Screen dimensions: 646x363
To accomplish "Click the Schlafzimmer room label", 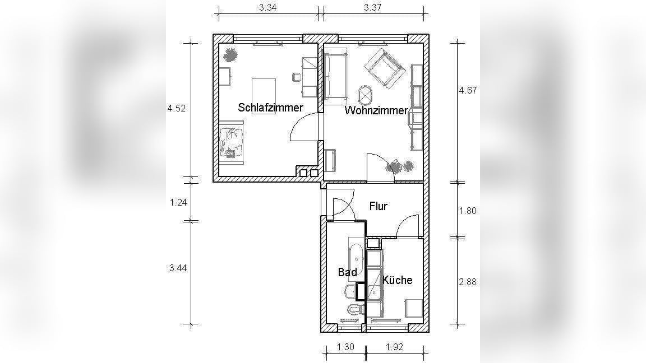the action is pos(270,108).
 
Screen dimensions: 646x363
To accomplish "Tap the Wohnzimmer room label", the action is pos(376,110).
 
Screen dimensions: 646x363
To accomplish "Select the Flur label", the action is pos(378,206).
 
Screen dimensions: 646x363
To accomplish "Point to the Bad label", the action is pos(347,272).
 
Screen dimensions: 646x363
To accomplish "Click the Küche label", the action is pos(397,280).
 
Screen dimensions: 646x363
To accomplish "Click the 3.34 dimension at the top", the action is pos(268,7).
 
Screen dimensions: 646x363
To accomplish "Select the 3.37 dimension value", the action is pos(373,7).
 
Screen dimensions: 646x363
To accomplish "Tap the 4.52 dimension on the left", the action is pos(176,108).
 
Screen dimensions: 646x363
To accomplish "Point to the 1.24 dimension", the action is pos(178,202).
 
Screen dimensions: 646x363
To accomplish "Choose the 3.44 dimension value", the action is pos(178,268).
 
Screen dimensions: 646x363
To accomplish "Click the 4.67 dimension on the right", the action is pos(468,90).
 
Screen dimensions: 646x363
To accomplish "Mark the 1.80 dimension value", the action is pos(468,211).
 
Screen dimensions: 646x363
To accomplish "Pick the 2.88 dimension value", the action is pos(468,282).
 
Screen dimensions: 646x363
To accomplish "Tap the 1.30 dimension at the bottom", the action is pos(345,347).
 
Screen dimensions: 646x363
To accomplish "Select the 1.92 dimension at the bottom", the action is pos(394,347).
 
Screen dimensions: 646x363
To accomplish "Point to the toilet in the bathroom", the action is pos(353,309).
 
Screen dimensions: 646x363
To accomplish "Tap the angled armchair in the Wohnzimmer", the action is pos(383,68).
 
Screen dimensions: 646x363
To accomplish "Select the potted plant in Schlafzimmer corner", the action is pos(230,54).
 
